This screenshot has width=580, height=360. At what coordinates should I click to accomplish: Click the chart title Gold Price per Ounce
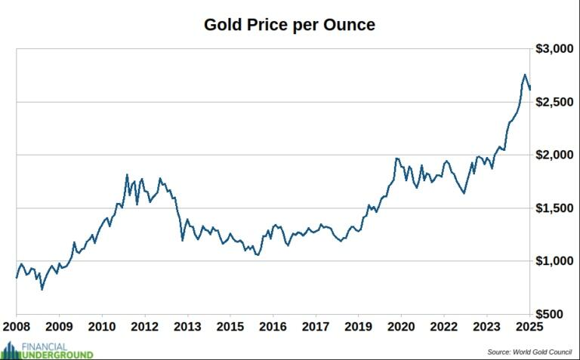point(289,25)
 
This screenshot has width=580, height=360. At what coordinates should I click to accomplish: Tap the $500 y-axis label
point(558,314)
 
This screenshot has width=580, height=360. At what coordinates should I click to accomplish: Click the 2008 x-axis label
point(17,327)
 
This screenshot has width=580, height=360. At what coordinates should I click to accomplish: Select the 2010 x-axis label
point(102,327)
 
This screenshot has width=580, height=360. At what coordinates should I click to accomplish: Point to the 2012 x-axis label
point(145,327)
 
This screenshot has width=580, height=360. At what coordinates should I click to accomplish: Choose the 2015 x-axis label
point(230,327)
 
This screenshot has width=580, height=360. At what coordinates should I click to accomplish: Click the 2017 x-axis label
point(316,327)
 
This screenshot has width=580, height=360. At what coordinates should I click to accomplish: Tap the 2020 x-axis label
point(402,327)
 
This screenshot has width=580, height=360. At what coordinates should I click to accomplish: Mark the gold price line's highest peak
point(524,75)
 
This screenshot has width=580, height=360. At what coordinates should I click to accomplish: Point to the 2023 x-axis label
point(487,327)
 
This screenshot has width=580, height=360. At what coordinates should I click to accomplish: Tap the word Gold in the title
point(222,25)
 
